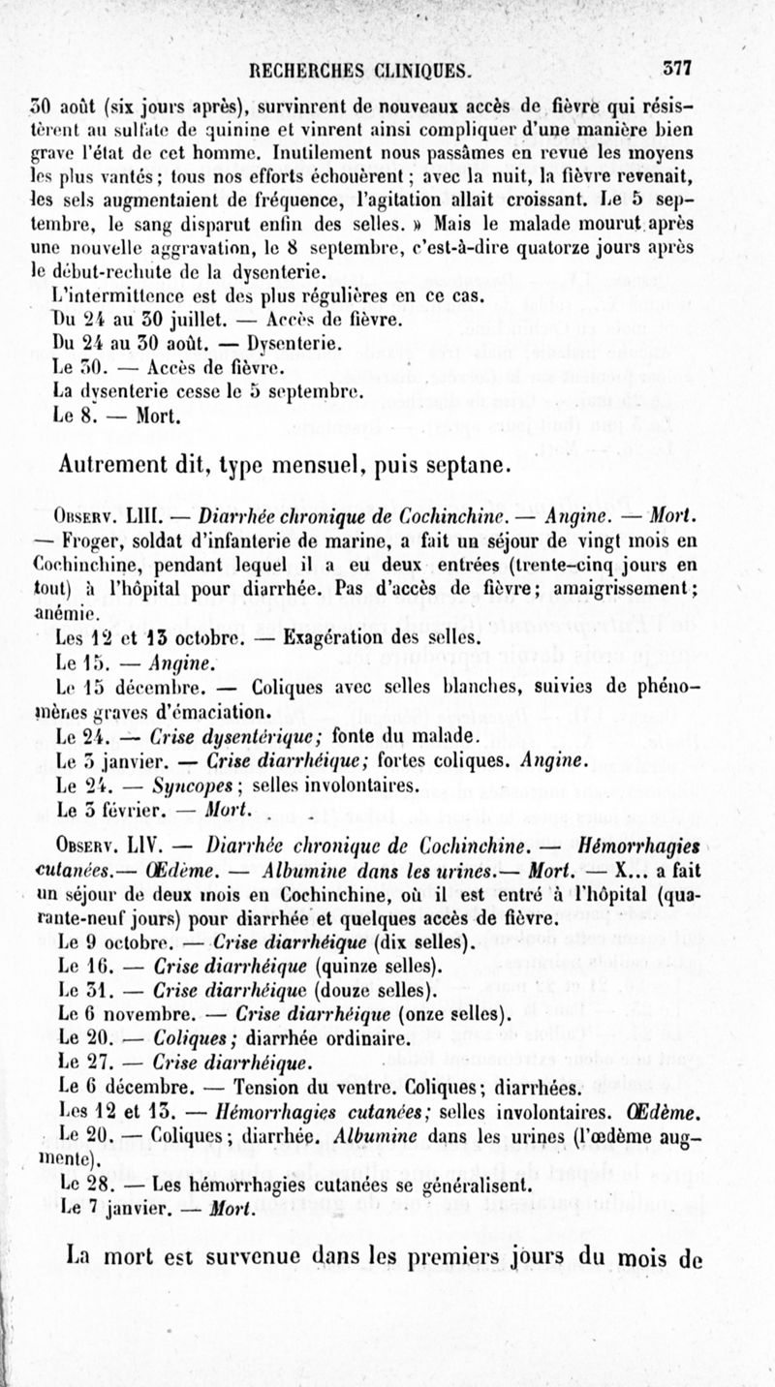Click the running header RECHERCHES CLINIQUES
pos(359,70)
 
